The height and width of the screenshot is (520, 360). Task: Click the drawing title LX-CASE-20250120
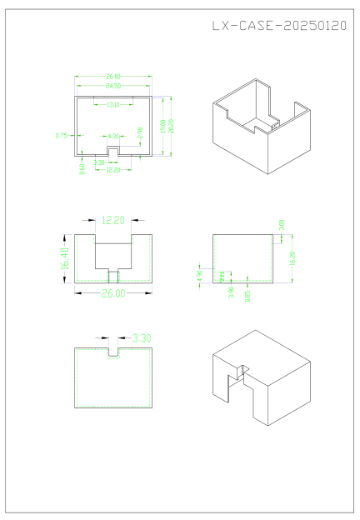[x=279, y=26]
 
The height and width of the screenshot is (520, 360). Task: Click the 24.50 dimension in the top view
[x=113, y=86]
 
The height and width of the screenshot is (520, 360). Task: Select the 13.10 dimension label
[x=113, y=104]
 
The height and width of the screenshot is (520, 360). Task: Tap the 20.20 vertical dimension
[x=172, y=126]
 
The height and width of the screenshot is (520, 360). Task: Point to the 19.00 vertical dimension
[x=163, y=124]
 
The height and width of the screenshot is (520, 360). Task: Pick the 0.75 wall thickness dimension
[x=61, y=135]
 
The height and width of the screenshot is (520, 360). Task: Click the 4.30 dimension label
[x=113, y=135]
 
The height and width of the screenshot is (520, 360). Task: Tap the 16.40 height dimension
[x=63, y=258]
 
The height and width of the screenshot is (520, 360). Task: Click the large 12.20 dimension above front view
[x=113, y=221]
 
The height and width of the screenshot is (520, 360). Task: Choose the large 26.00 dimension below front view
[x=113, y=293]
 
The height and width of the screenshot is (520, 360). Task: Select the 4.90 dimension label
[x=199, y=276]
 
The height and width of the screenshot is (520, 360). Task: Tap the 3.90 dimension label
[x=230, y=292]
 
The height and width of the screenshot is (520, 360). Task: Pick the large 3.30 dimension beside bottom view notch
[x=142, y=337]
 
